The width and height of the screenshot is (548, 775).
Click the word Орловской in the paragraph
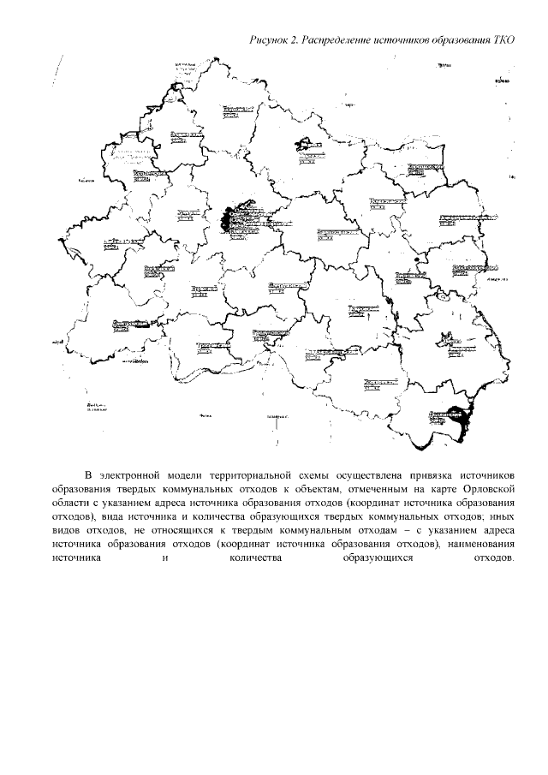point(486,488)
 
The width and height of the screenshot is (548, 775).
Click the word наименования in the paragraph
point(479,543)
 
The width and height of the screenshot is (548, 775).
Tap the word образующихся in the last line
point(377,557)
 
